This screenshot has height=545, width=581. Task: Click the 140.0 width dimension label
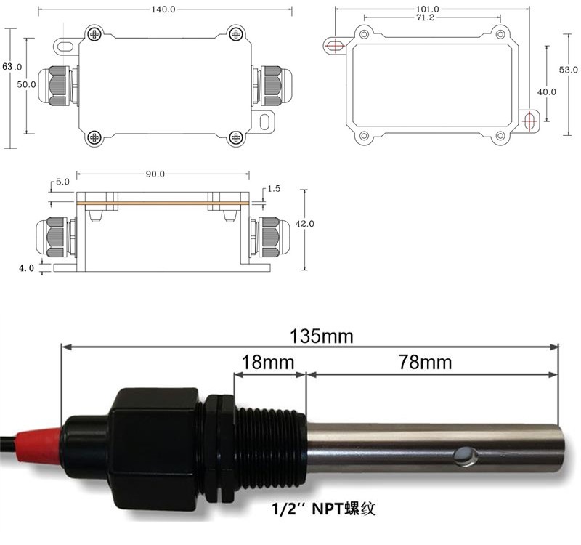tap(163, 9)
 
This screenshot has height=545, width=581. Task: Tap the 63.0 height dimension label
tap(12, 67)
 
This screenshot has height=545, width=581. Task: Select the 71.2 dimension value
tap(425, 17)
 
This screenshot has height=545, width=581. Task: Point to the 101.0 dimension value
tap(428, 9)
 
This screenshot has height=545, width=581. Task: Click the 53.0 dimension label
tap(569, 69)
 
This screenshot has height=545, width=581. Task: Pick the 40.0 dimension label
tap(547, 92)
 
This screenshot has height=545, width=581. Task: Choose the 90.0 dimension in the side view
tap(155, 174)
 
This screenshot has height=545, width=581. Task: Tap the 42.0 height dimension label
tap(304, 224)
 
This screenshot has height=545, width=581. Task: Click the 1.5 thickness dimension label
tap(274, 189)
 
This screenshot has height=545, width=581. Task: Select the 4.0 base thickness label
tap(27, 267)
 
